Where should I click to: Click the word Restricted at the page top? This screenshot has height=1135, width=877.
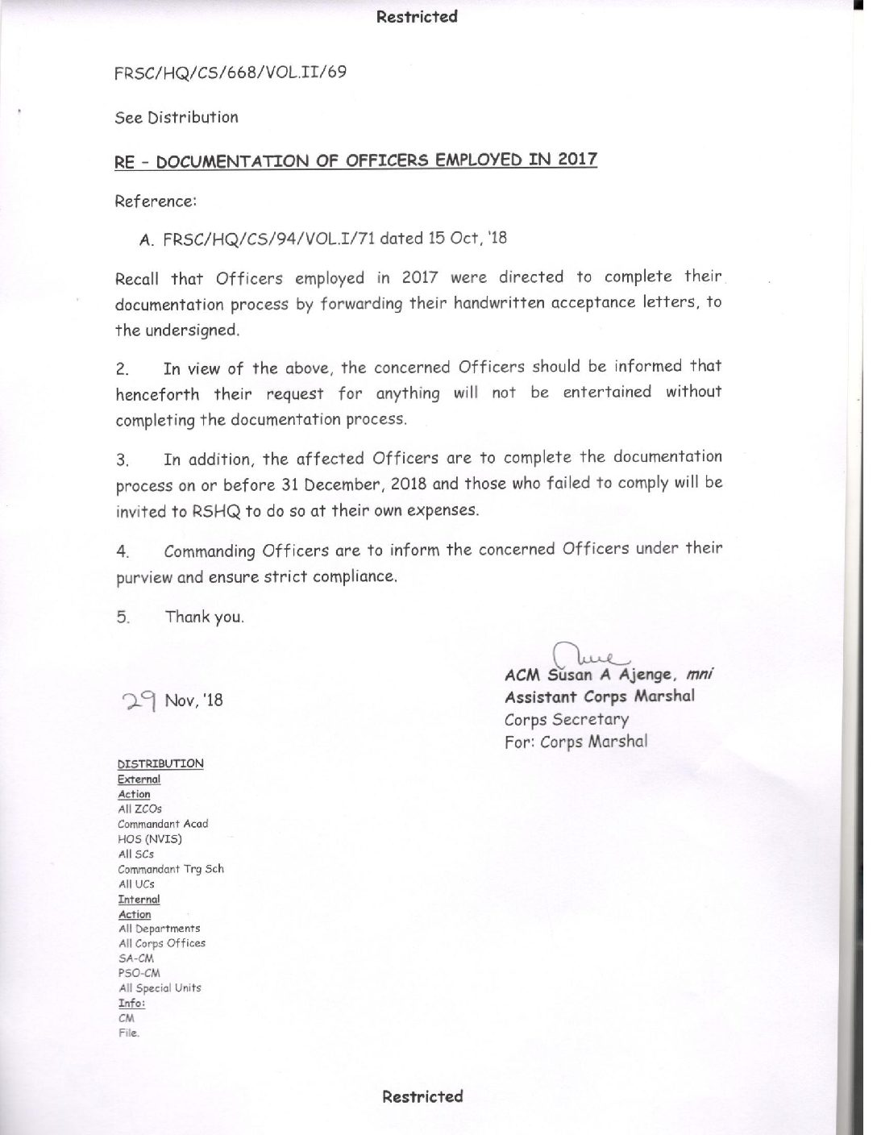pyautogui.click(x=417, y=16)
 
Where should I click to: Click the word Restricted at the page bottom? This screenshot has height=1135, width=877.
pyautogui.click(x=422, y=1096)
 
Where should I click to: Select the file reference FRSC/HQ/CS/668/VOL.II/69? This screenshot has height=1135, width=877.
pyautogui.click(x=231, y=73)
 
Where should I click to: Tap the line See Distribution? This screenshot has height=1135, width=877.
pyautogui.click(x=177, y=118)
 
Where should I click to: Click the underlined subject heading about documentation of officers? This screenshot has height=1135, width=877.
pyautogui.click(x=355, y=160)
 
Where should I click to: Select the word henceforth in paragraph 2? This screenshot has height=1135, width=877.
pyautogui.click(x=158, y=394)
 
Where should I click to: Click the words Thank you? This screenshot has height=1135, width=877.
pyautogui.click(x=204, y=617)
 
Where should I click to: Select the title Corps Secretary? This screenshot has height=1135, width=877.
pyautogui.click(x=566, y=720)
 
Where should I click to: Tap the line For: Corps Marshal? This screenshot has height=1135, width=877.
pyautogui.click(x=576, y=742)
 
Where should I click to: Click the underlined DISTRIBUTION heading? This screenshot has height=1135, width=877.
pyautogui.click(x=160, y=763)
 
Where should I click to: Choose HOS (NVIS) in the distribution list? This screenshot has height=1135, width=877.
pyautogui.click(x=150, y=839)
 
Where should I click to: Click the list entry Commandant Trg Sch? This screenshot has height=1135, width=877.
pyautogui.click(x=171, y=869)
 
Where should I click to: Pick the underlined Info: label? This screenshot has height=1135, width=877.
pyautogui.click(x=131, y=1004)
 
